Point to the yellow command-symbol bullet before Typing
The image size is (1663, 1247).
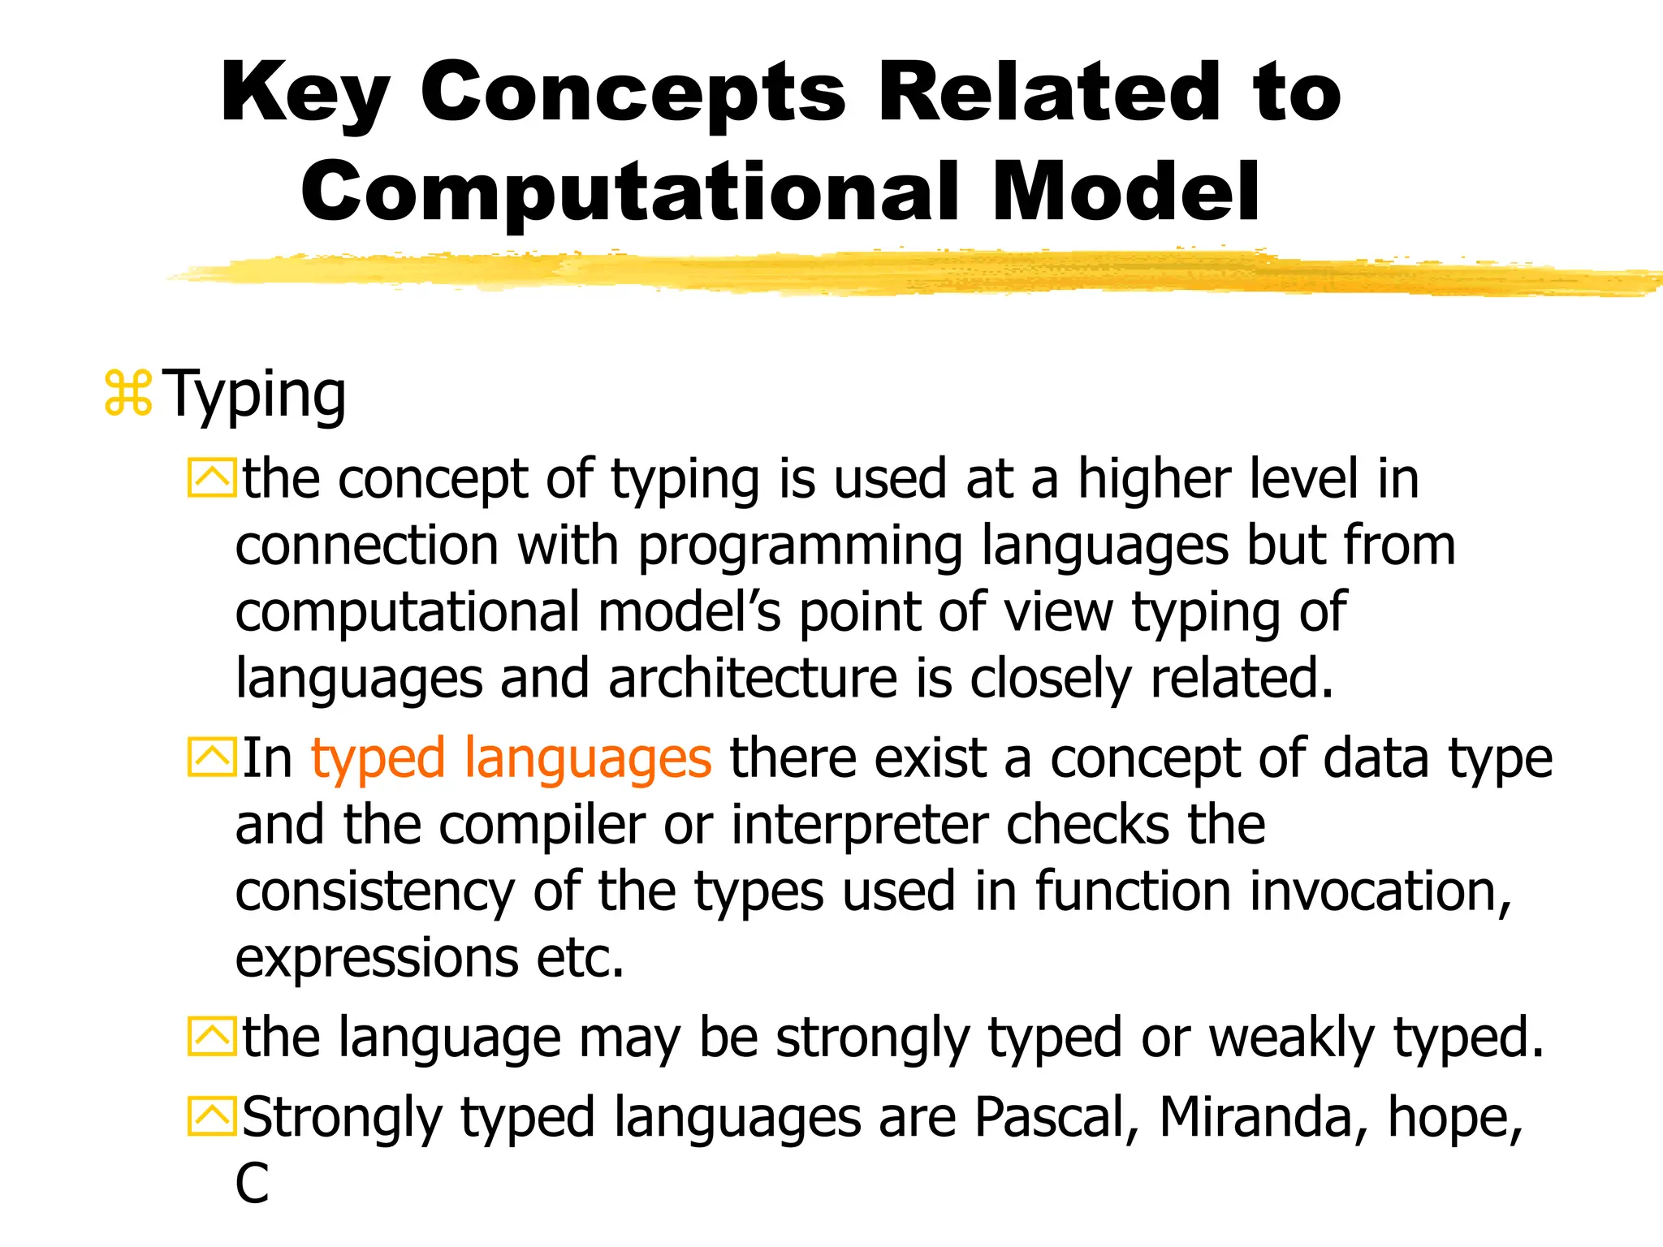(128, 394)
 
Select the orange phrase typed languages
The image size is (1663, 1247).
(511, 758)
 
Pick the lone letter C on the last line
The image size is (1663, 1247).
(252, 1184)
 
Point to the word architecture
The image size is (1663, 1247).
(753, 679)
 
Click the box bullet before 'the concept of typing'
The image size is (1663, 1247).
(211, 478)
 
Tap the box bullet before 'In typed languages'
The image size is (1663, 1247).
(211, 757)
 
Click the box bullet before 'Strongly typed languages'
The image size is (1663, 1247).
(211, 1116)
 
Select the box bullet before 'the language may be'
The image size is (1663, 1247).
(211, 1037)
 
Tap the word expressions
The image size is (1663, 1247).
(376, 958)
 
